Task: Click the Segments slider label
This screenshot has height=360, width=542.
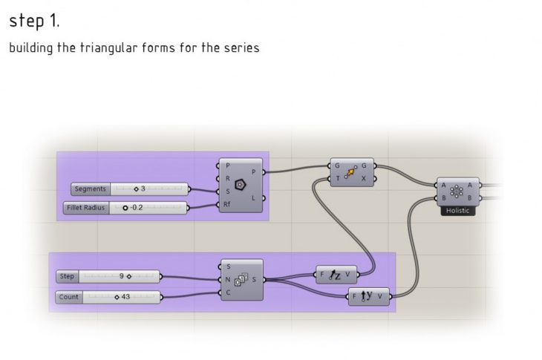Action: tap(91, 189)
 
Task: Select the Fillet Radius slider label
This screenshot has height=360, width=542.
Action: tap(86, 208)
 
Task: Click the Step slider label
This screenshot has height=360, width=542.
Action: tap(67, 276)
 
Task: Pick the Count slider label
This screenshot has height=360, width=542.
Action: tap(69, 297)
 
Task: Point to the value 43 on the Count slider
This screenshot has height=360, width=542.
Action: tap(125, 297)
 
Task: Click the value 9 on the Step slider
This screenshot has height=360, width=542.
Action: tap(122, 276)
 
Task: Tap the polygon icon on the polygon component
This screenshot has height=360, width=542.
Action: tap(240, 185)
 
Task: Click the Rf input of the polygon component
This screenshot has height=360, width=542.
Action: tap(226, 205)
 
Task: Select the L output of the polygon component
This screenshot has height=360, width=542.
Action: tap(253, 198)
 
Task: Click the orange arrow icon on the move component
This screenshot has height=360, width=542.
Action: tap(350, 172)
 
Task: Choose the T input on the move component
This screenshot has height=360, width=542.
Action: tap(337, 179)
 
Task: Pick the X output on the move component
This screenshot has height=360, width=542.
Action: tap(364, 179)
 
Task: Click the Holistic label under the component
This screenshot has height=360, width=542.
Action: tap(457, 211)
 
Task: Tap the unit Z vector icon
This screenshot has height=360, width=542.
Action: tap(334, 275)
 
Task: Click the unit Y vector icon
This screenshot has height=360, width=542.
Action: tap(366, 296)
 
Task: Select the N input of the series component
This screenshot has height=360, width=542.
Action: tap(228, 280)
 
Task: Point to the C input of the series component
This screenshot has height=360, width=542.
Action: tap(228, 292)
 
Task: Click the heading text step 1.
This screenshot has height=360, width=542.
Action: tap(34, 21)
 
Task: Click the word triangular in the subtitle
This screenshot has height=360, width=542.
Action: tap(108, 48)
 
